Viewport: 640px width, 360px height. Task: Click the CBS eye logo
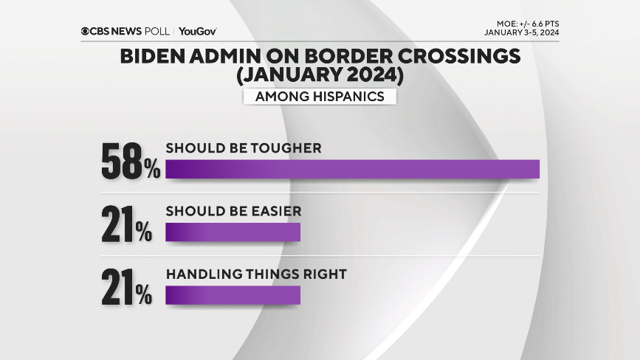pos(86,31)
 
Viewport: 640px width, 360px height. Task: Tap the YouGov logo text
pos(197,31)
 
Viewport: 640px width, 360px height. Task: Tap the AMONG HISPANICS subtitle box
pos(319,97)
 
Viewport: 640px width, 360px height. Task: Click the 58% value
pos(131,162)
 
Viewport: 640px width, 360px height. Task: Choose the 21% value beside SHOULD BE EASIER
pos(126,225)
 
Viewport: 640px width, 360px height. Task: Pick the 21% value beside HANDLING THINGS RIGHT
pos(126,288)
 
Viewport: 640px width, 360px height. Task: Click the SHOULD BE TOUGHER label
pos(243,148)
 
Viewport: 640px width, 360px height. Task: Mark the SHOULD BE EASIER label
pos(233,211)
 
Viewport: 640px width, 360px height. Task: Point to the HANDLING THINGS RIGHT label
pos(255,274)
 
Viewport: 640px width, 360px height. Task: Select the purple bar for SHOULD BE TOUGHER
pos(352,169)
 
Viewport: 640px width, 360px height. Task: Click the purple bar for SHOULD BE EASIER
pos(233,232)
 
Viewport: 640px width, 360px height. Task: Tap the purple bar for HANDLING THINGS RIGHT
pos(233,295)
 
